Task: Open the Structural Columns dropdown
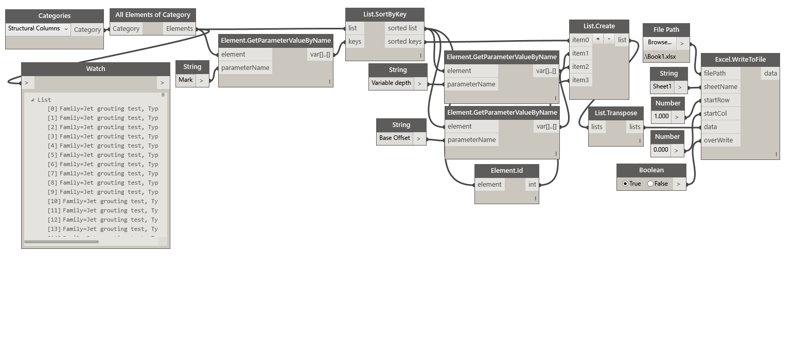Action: (38, 29)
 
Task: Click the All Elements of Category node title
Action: (153, 15)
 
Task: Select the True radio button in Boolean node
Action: (625, 184)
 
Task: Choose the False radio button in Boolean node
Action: (650, 184)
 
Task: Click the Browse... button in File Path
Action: (659, 43)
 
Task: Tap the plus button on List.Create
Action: (598, 39)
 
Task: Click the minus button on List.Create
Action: (609, 39)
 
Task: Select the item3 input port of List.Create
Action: (580, 80)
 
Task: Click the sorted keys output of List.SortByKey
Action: (404, 42)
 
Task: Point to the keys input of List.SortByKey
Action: (355, 42)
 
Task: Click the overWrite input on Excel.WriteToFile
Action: (718, 140)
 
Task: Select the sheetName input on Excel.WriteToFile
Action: (720, 86)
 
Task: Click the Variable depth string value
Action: (391, 83)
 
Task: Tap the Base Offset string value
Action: (395, 138)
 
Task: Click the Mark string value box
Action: (186, 80)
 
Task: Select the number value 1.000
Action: (661, 116)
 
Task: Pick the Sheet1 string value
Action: (662, 86)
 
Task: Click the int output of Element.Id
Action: (532, 184)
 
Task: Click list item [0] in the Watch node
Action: (103, 109)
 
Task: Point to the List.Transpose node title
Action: (615, 113)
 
